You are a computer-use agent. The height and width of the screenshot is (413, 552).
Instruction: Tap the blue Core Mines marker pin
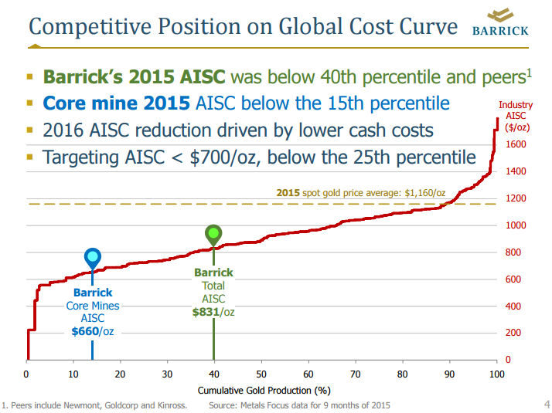coord(92,258)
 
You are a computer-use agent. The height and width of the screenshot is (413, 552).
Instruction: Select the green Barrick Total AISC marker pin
coord(213,234)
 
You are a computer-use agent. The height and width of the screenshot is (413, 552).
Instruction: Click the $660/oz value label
coord(93,332)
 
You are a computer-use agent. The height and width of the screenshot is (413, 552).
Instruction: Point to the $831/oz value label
coord(213,312)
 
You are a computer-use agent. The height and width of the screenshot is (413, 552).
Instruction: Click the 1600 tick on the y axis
coord(518,144)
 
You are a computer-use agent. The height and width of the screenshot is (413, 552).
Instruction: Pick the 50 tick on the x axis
coord(261,374)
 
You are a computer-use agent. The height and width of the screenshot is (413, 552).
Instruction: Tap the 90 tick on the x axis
coord(449,374)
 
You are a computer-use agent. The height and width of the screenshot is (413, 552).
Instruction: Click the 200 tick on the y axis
coord(513,333)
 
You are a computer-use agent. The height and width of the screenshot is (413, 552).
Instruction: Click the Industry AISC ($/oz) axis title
coord(515,116)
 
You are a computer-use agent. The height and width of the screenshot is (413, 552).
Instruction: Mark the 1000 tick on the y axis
coord(518,225)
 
